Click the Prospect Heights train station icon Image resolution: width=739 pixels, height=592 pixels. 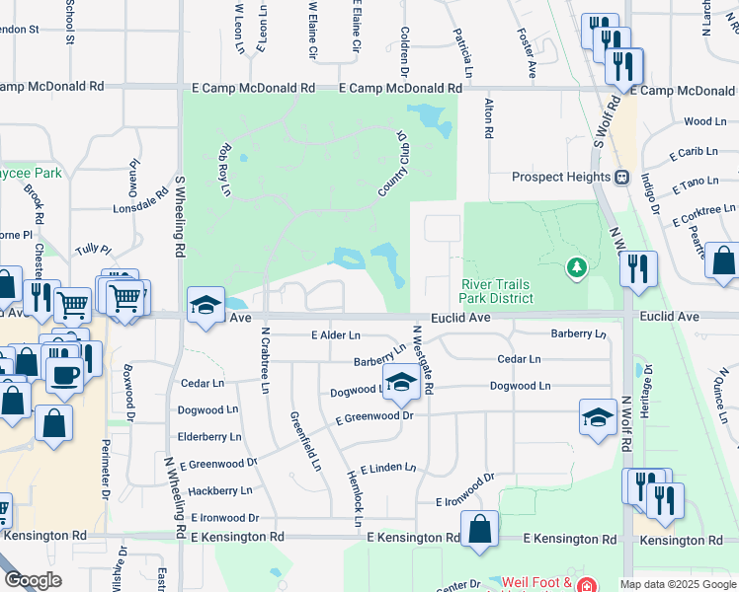pos(622,178)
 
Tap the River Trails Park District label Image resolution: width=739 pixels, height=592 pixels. pos(497,291)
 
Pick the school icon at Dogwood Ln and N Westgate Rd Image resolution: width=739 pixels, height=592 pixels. pos(401,382)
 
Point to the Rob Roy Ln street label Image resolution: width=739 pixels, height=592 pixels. pos(225,169)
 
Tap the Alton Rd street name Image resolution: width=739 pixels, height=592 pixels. pos(488,118)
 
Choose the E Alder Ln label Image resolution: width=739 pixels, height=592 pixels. pos(336,336)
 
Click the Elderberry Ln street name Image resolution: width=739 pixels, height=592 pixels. pos(209,436)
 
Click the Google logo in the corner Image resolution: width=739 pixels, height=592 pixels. pos(33,580)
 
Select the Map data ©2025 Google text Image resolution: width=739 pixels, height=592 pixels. pos(678,584)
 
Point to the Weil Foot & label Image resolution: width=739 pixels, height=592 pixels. pos(535,582)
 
